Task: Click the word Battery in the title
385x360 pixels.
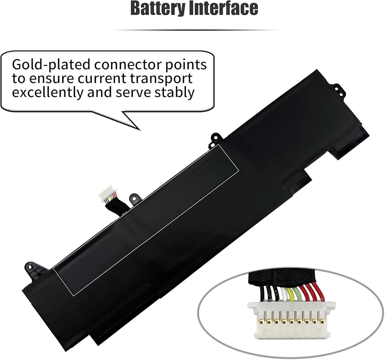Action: tap(157, 8)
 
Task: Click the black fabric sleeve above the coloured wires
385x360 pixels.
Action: tap(285, 278)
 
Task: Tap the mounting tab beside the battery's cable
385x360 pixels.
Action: tap(134, 198)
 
